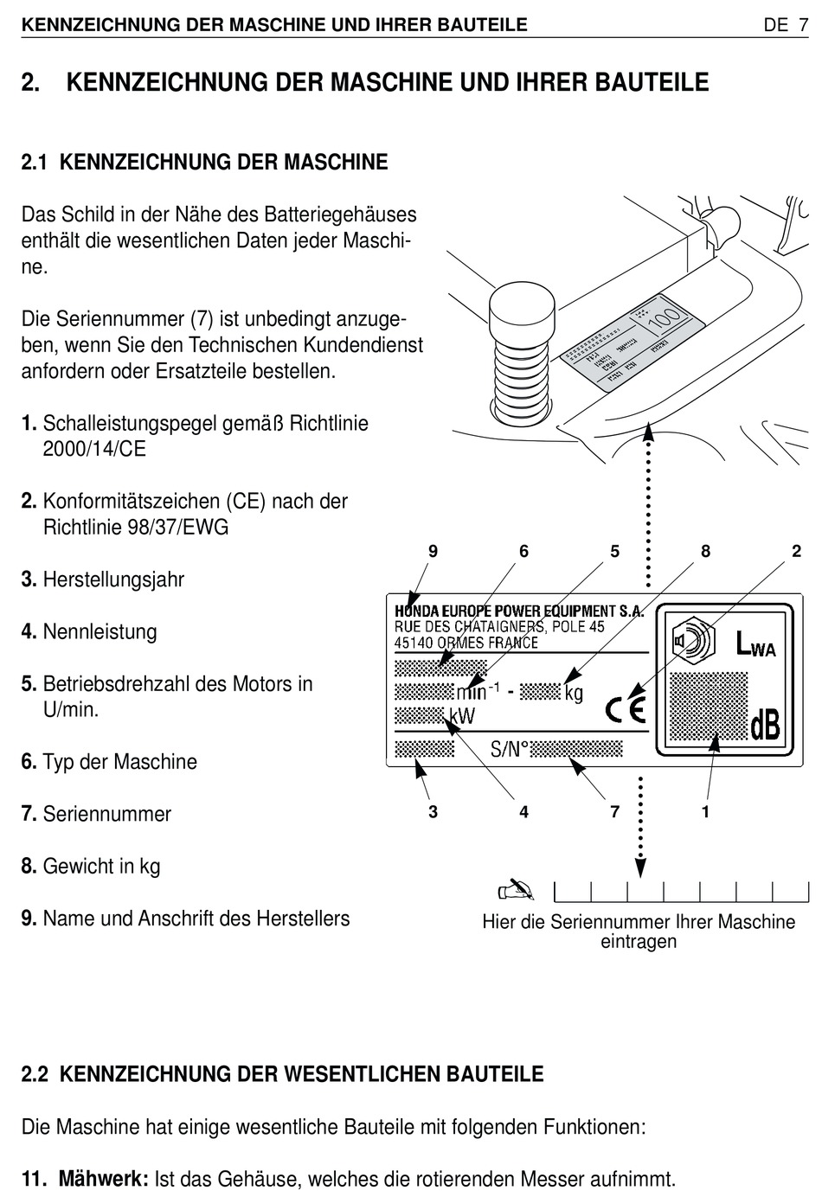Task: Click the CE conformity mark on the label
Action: click(625, 709)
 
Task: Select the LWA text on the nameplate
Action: click(755, 645)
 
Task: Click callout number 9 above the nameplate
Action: click(433, 552)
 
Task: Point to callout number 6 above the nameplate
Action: click(523, 552)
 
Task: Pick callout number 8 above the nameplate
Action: click(705, 552)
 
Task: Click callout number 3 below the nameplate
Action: click(433, 811)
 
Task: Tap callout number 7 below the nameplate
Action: click(614, 811)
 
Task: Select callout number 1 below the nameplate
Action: click(705, 811)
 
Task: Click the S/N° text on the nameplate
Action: click(509, 749)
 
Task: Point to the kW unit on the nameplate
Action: click(461, 717)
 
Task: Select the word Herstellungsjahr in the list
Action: click(113, 579)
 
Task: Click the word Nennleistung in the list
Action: click(100, 631)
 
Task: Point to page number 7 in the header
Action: click(802, 25)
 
